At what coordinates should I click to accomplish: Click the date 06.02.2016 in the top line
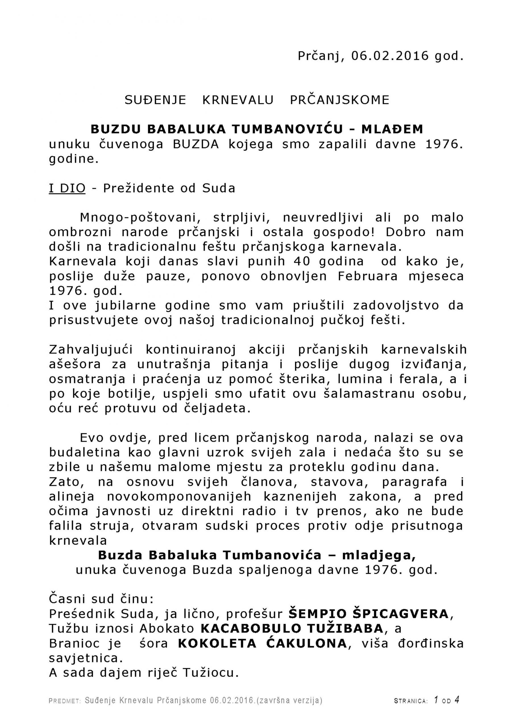click(390, 56)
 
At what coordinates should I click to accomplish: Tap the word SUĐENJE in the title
click(155, 100)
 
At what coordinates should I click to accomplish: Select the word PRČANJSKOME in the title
click(340, 100)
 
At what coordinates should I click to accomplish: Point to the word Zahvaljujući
click(91, 350)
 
